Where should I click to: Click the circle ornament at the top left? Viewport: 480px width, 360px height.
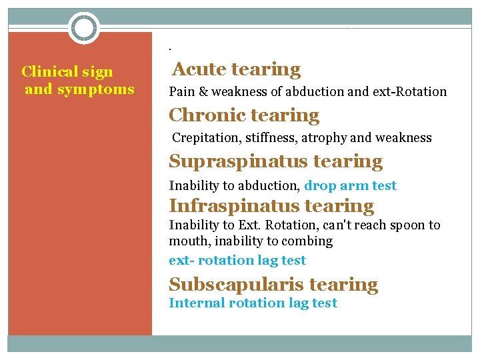tap(84, 28)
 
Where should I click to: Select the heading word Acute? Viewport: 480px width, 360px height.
tap(200, 69)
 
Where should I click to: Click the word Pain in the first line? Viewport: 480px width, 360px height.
tap(182, 92)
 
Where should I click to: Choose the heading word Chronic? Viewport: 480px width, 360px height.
tap(205, 115)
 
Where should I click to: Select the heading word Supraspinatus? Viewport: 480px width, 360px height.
tap(237, 161)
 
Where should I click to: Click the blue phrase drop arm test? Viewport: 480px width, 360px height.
tap(350, 186)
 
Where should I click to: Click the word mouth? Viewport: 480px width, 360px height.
tap(188, 241)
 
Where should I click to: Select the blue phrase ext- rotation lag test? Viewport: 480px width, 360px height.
tap(237, 261)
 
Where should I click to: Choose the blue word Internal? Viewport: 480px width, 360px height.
tap(197, 303)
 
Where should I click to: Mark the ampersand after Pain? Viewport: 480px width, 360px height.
tap(204, 92)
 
